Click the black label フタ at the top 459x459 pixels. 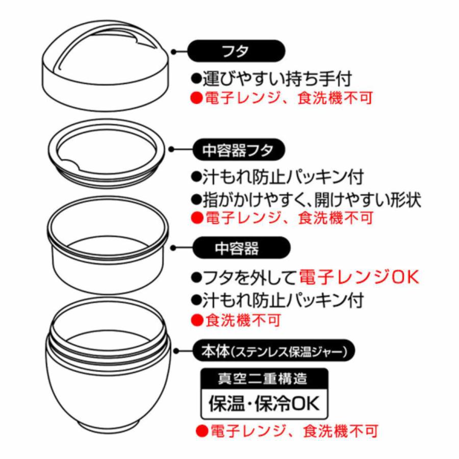point(235,52)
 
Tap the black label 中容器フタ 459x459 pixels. point(238,150)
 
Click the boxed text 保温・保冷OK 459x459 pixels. point(264,403)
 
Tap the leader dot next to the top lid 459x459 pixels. point(173,52)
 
